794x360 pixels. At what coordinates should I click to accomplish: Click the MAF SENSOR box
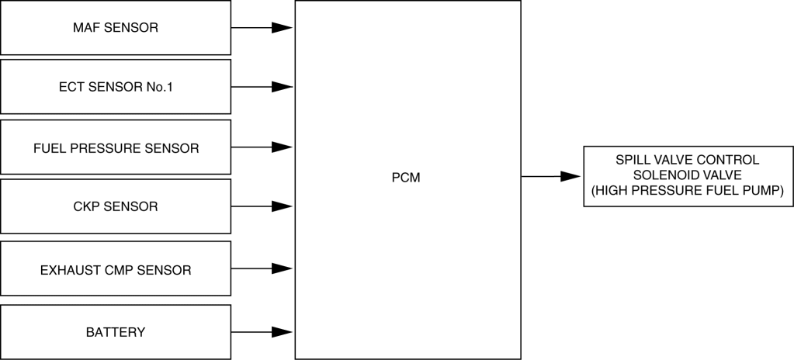tap(116, 27)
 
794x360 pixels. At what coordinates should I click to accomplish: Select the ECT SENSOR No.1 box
tap(116, 87)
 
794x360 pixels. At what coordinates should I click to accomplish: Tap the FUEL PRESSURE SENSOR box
tap(116, 147)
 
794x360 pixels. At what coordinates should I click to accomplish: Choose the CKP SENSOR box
tap(116, 206)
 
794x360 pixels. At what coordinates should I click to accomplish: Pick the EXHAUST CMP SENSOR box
tap(116, 268)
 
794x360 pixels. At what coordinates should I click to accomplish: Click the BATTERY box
tap(116, 332)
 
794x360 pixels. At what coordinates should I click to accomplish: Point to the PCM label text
tap(406, 178)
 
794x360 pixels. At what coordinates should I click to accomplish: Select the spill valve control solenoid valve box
tap(688, 176)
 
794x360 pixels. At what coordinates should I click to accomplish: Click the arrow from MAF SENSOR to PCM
tap(262, 28)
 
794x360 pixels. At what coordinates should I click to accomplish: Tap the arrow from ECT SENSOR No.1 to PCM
tap(262, 87)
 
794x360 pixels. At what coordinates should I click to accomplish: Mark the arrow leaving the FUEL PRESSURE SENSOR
tap(262, 147)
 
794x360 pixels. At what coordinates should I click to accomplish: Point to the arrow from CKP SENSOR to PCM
tap(262, 206)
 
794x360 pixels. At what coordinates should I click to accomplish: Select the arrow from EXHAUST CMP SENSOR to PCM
tap(262, 269)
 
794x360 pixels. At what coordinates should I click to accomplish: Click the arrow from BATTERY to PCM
tap(262, 333)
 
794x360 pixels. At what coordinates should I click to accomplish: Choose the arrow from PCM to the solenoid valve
tap(551, 177)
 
